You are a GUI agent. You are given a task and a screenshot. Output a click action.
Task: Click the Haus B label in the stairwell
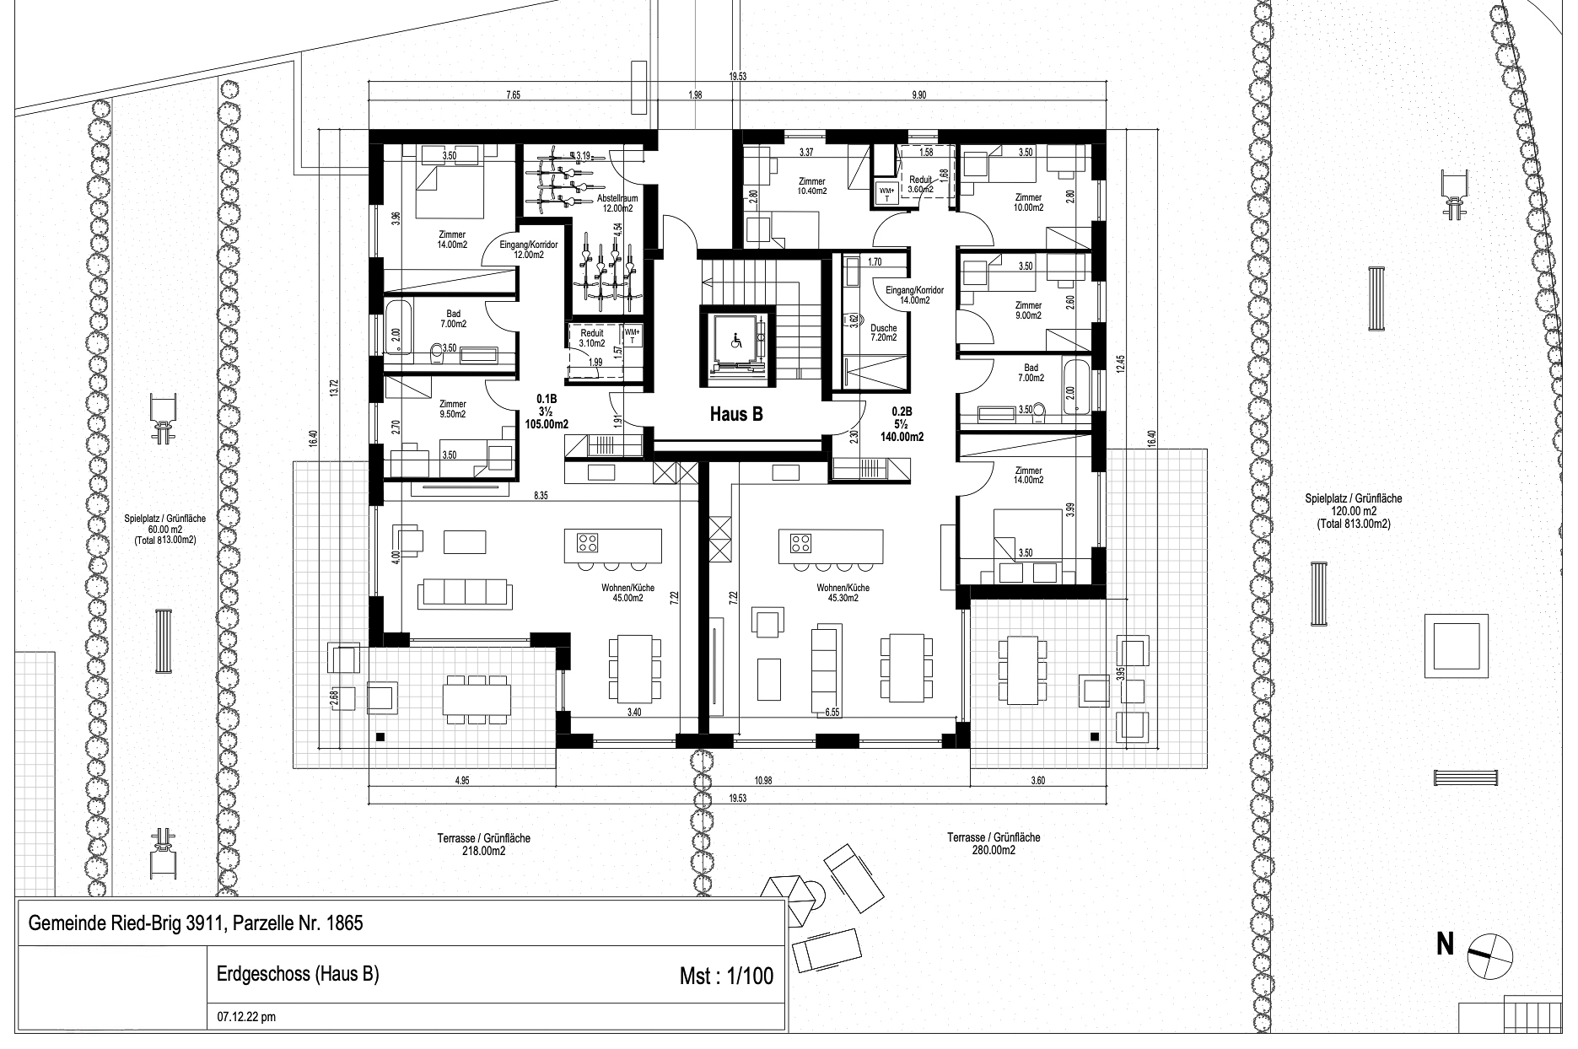tap(736, 414)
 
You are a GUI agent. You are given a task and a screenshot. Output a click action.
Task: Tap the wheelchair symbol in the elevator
tap(735, 342)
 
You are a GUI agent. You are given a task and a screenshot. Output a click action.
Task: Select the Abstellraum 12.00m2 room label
tap(615, 202)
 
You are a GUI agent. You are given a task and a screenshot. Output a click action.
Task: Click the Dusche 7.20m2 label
tap(884, 332)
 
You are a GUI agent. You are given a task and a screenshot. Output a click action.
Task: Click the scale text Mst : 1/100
tap(725, 976)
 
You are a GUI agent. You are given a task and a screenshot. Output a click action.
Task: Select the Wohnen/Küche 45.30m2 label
tap(837, 592)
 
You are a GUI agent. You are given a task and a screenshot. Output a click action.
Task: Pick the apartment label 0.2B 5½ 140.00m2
tap(907, 424)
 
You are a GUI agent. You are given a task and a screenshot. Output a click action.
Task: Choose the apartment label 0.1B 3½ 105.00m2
tap(552, 412)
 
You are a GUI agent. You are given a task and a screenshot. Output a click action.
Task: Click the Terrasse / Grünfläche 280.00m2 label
tap(993, 843)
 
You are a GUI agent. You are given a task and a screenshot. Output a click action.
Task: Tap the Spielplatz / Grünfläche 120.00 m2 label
tap(1353, 511)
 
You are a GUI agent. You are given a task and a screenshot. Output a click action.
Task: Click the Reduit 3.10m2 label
tap(592, 338)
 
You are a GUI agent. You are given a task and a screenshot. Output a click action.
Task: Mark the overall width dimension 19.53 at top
tap(737, 76)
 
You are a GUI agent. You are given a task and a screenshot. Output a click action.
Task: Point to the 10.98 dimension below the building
tap(763, 781)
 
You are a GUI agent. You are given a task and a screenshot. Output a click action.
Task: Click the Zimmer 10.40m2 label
tap(812, 186)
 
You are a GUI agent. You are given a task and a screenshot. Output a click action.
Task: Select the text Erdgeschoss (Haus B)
tap(292, 974)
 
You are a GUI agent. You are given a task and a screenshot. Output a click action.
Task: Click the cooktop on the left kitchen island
tap(588, 541)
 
